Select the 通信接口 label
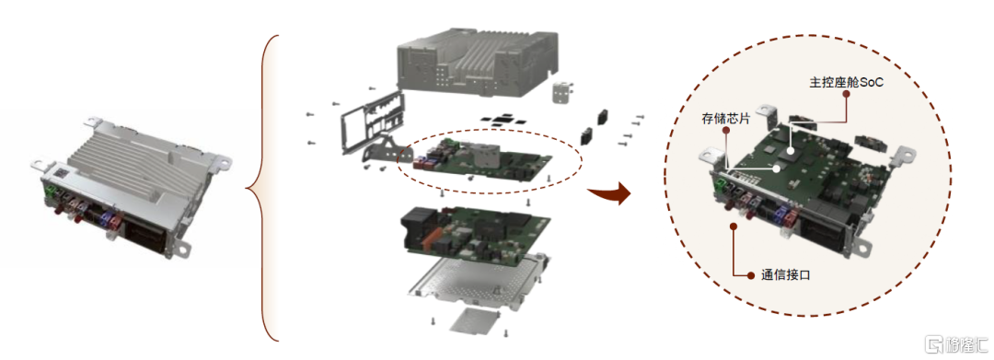[x=786, y=275]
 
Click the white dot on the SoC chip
[x=791, y=150]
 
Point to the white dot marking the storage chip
[x=777, y=168]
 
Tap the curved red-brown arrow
[x=609, y=193]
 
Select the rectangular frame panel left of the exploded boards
[x=372, y=121]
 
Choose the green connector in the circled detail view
[x=721, y=186]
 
